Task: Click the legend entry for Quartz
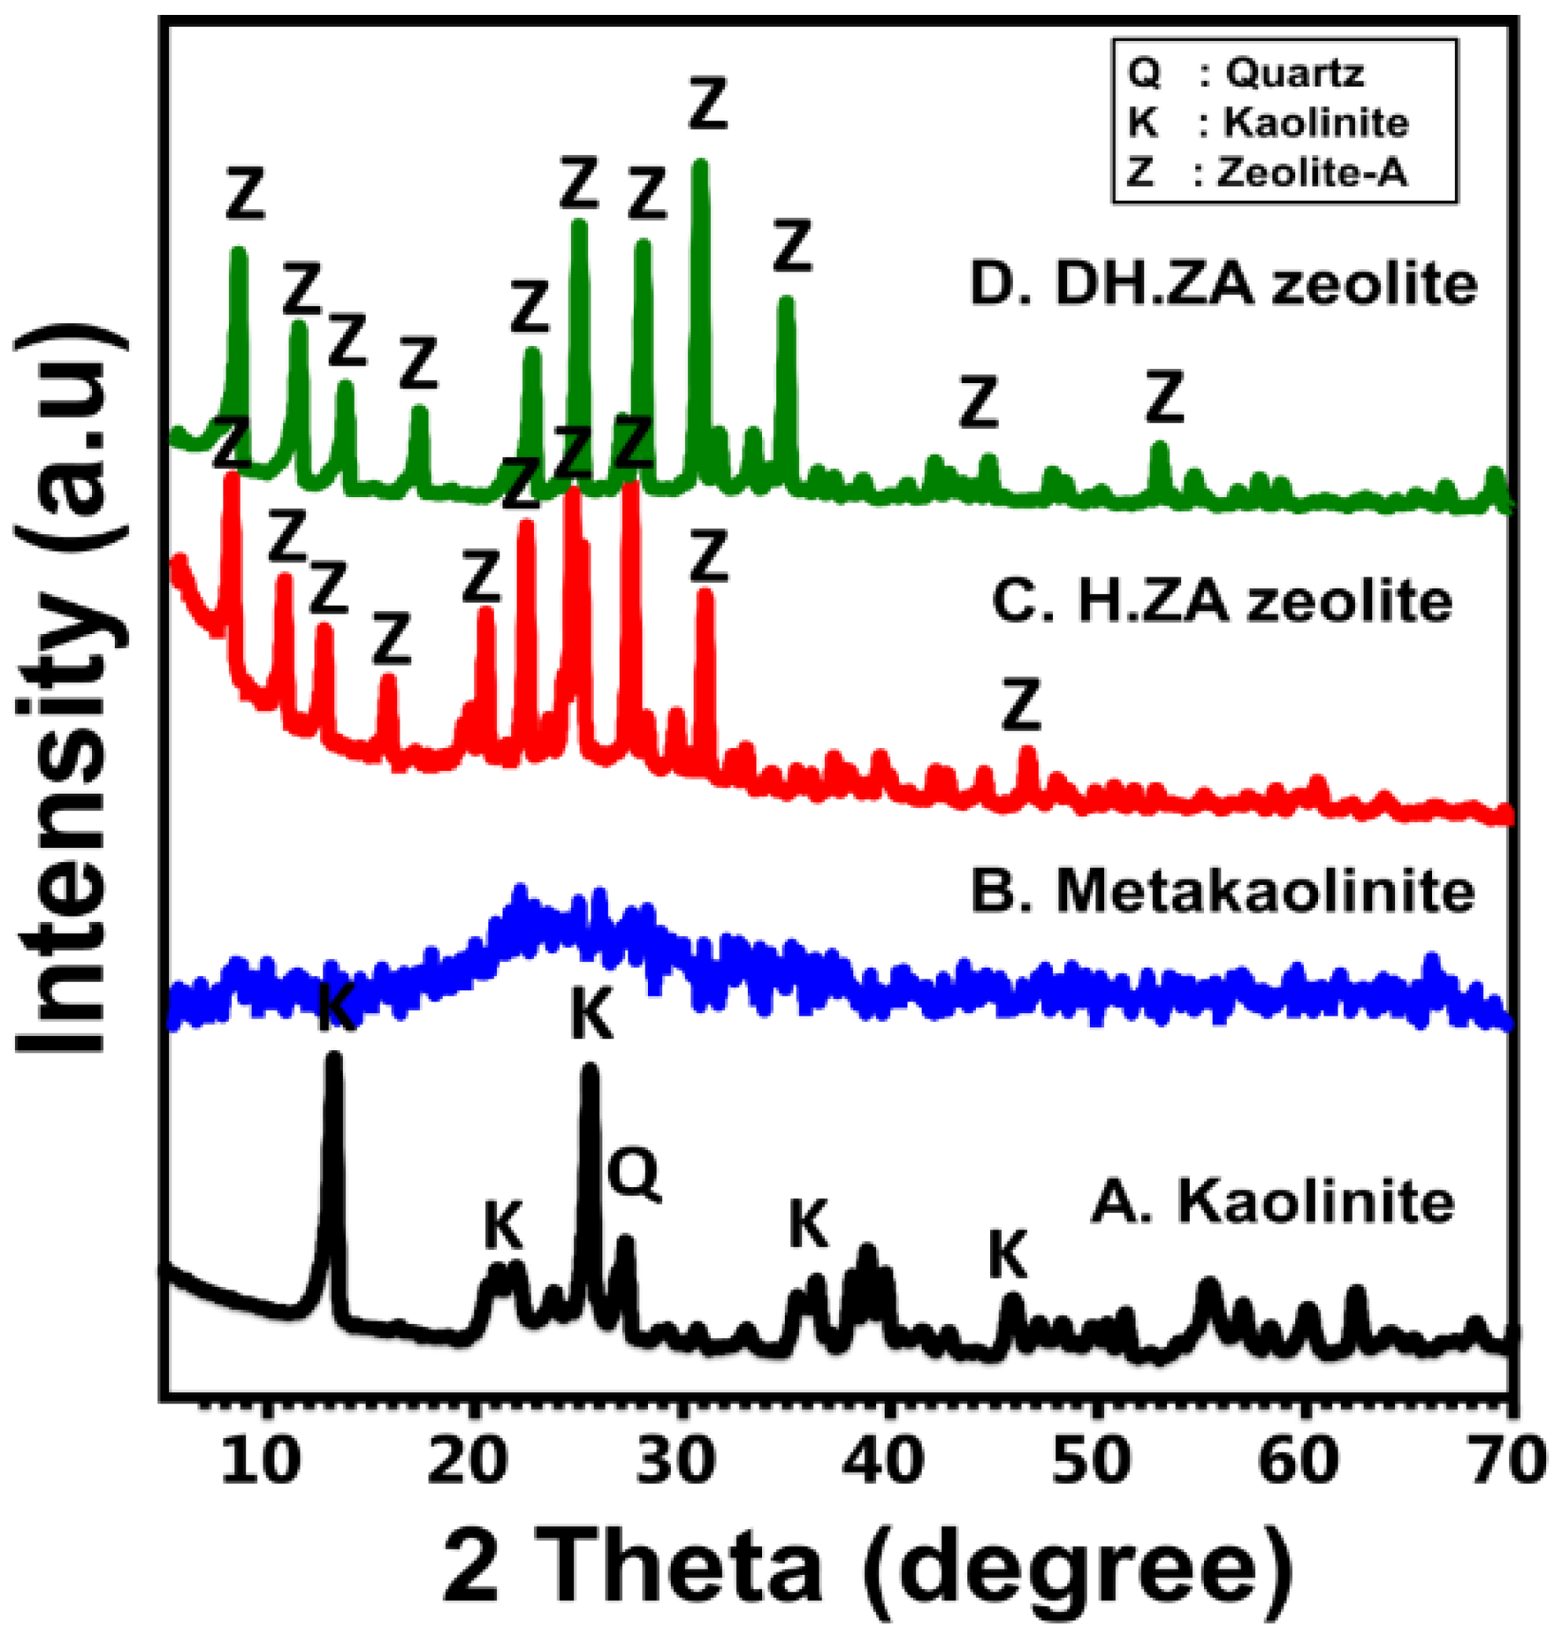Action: [1246, 74]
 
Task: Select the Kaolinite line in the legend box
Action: [1268, 124]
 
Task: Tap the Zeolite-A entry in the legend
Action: [1266, 173]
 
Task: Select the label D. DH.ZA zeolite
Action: [1223, 285]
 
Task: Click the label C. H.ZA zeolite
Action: [1222, 602]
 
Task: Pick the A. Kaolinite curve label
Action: [1273, 1204]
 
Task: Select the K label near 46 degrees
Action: [1008, 1255]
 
